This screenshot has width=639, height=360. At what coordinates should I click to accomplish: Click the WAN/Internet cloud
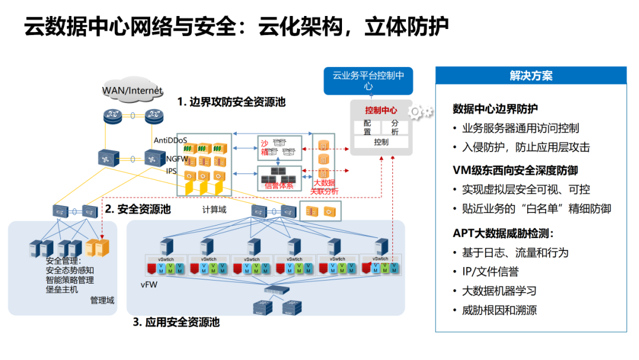point(132,90)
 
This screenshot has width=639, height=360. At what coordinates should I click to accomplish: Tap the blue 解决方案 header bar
point(531,76)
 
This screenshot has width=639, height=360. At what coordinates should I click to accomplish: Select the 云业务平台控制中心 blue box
point(368,81)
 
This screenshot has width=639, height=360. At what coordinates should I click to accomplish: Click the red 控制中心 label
point(381,110)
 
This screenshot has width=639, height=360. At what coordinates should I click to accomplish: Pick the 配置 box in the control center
point(367,127)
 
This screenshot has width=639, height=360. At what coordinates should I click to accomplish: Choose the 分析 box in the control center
point(395,127)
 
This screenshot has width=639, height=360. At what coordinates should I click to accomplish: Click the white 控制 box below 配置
point(381,142)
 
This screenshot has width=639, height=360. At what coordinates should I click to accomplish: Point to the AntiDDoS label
point(170,140)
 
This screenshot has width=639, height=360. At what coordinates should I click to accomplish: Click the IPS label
point(172,171)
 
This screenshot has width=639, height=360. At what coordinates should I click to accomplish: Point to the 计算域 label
point(214,210)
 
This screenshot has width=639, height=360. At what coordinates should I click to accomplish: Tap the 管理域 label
point(102,300)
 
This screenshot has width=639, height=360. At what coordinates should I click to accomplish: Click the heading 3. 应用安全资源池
point(176,322)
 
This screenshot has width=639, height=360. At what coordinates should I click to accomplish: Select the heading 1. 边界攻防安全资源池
point(231,102)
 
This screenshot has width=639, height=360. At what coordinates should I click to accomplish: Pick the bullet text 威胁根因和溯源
point(499,310)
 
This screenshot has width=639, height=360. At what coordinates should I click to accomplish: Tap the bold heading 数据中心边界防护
point(495,109)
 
